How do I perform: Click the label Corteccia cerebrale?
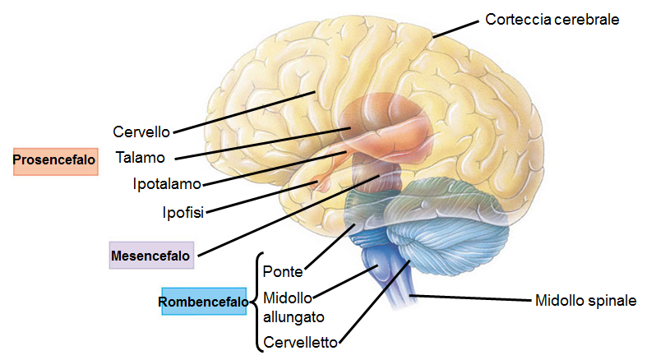(x=552, y=18)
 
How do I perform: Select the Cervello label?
(x=141, y=132)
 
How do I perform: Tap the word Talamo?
(x=141, y=157)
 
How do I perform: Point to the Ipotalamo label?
(x=167, y=183)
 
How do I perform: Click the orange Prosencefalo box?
(x=55, y=161)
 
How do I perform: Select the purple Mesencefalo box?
(x=151, y=255)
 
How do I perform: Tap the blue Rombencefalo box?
(x=204, y=302)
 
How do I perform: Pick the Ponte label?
(x=281, y=270)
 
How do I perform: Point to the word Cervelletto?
(x=301, y=341)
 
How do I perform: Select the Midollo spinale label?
(x=585, y=301)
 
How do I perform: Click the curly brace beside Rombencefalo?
(x=256, y=301)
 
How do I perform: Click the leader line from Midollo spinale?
(x=469, y=298)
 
